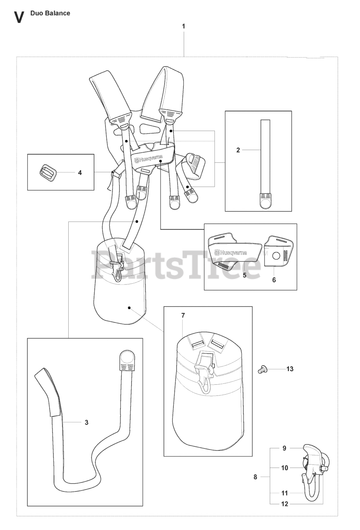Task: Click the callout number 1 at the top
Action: [184, 26]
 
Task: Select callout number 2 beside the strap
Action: [238, 150]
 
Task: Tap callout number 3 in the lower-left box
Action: [86, 422]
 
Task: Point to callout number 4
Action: [80, 173]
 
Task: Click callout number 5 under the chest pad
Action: [245, 275]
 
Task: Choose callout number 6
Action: [274, 280]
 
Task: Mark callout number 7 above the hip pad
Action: [183, 316]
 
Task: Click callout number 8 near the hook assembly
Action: [255, 477]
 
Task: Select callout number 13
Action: [290, 369]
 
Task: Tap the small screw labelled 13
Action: [261, 369]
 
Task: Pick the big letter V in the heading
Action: [19, 17]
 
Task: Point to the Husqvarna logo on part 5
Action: [230, 252]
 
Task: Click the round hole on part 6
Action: [276, 256]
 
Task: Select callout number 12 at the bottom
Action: [285, 504]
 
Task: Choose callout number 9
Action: [284, 448]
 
